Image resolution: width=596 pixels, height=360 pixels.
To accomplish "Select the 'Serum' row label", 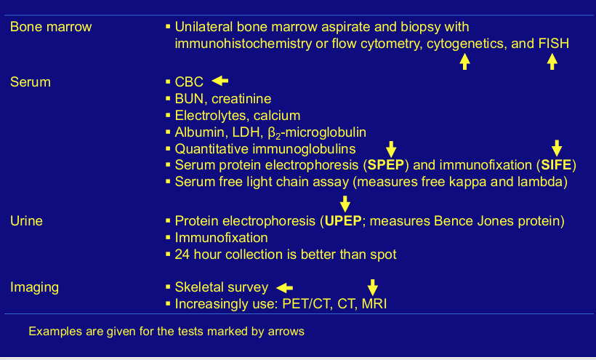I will (31, 82).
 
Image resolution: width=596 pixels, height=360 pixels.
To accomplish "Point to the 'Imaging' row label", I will (35, 287).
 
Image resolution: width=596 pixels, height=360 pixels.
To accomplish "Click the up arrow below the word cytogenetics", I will (464, 62).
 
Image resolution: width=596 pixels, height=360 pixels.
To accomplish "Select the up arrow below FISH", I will (552, 62).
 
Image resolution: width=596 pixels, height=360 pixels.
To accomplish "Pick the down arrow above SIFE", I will (557, 148).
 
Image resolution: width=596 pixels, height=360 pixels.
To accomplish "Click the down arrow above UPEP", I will (345, 204).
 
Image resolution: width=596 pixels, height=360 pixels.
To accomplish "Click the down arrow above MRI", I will (372, 287).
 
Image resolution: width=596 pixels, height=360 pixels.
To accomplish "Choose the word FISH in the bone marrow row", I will (555, 44).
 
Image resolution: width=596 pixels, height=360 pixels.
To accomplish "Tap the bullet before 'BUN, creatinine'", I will (168, 99).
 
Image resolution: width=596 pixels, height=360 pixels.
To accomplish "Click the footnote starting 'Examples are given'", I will (166, 332).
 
